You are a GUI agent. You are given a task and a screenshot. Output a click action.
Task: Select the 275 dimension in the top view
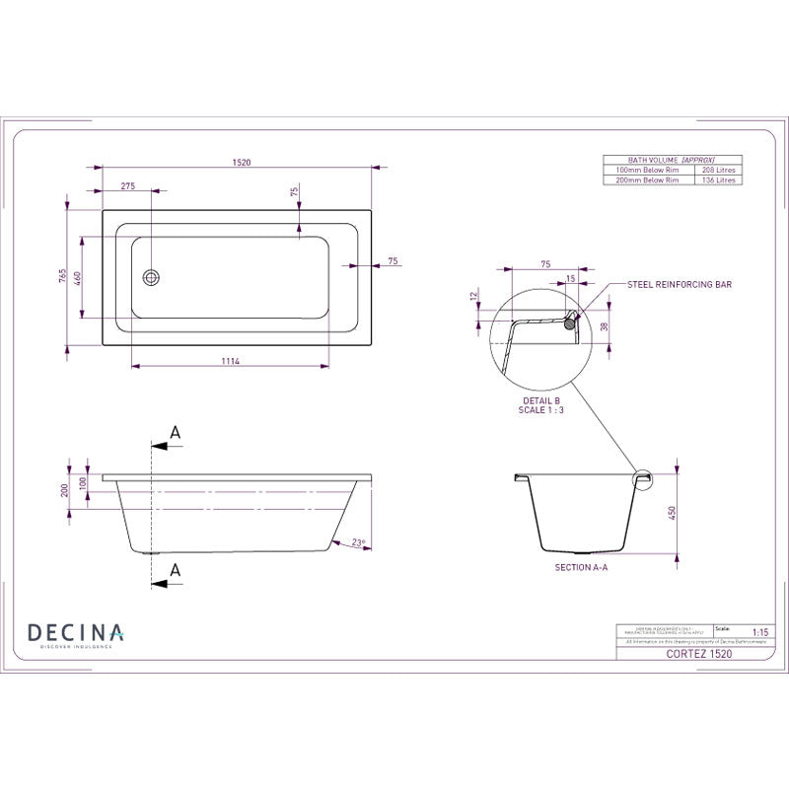click(128, 185)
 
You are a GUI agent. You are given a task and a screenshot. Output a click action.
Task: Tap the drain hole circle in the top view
click(151, 278)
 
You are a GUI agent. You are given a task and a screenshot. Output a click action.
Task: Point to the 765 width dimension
click(62, 276)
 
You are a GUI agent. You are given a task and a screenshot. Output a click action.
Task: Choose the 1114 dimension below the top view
click(231, 362)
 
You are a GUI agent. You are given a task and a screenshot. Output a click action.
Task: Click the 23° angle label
click(357, 541)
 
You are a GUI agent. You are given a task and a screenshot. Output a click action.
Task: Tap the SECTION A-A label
click(581, 569)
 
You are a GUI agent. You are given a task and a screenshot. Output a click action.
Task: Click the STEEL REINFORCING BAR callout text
click(680, 284)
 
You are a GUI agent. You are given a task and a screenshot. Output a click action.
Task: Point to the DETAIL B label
click(540, 400)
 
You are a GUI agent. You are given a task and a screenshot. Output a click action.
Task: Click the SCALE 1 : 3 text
click(540, 409)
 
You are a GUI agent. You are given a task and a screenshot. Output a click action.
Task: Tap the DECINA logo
click(75, 633)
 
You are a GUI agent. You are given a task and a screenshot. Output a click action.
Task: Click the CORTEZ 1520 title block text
click(699, 653)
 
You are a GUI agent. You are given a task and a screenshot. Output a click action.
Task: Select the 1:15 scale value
click(759, 631)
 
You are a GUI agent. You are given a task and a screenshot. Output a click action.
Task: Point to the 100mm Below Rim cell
click(646, 170)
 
